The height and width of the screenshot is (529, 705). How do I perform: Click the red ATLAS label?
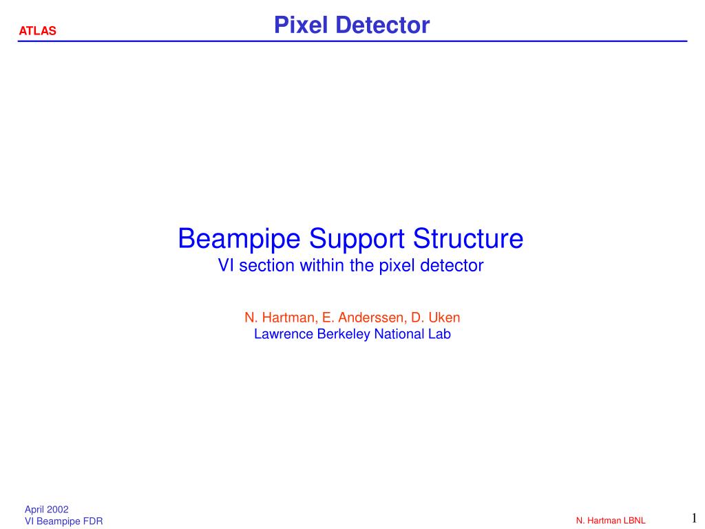[38, 30]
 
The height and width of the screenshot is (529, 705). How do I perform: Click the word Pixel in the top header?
[301, 25]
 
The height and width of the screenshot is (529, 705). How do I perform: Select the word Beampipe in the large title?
[239, 239]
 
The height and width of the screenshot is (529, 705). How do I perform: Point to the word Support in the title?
[357, 239]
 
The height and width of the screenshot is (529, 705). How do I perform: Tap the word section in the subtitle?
[267, 265]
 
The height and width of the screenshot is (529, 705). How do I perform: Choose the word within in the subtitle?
[322, 265]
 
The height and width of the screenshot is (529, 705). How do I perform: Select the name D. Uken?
[435, 318]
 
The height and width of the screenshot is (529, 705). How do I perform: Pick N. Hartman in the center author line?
[281, 318]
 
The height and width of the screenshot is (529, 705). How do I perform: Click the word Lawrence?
[284, 334]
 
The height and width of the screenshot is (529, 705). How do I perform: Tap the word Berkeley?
[344, 334]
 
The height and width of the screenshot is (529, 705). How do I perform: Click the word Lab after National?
[439, 334]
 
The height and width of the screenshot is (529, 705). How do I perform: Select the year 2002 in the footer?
[58, 509]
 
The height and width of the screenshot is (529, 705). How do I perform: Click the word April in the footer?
[34, 510]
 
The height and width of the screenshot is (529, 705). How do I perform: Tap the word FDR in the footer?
[93, 521]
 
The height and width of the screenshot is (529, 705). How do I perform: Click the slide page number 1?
[694, 518]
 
